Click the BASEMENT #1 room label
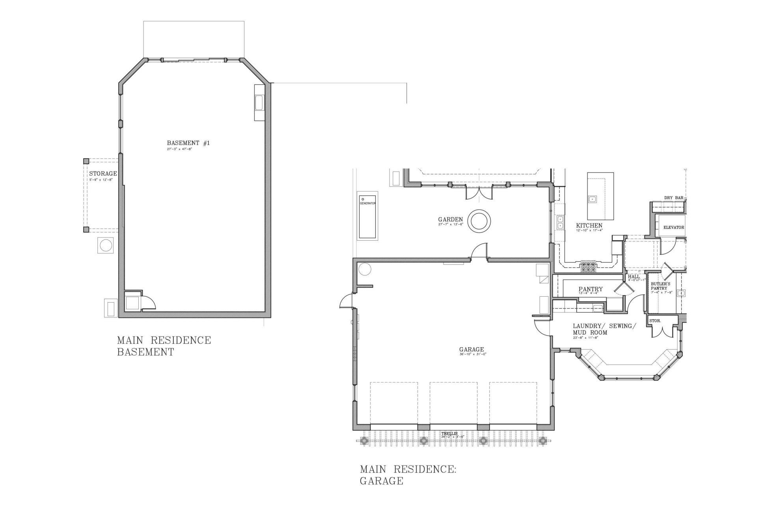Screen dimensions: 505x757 tap(188, 143)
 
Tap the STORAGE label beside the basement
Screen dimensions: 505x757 tap(103, 174)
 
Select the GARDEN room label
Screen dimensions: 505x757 tap(450, 219)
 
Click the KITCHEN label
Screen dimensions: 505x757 tap(589, 226)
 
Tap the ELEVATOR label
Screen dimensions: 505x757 tap(673, 228)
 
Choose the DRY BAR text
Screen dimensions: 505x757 tap(673, 198)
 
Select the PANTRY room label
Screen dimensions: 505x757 tap(590, 289)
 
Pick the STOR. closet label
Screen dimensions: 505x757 tap(655, 321)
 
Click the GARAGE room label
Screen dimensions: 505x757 tap(471, 349)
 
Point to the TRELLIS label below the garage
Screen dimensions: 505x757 tap(449, 434)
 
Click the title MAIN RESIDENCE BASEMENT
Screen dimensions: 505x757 tap(164, 346)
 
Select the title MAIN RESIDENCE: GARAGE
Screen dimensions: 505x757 tap(408, 475)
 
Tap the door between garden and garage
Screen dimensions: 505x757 tap(480, 252)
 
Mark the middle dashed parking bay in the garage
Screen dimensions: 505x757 tap(453, 406)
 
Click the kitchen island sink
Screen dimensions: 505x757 tap(592, 199)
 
